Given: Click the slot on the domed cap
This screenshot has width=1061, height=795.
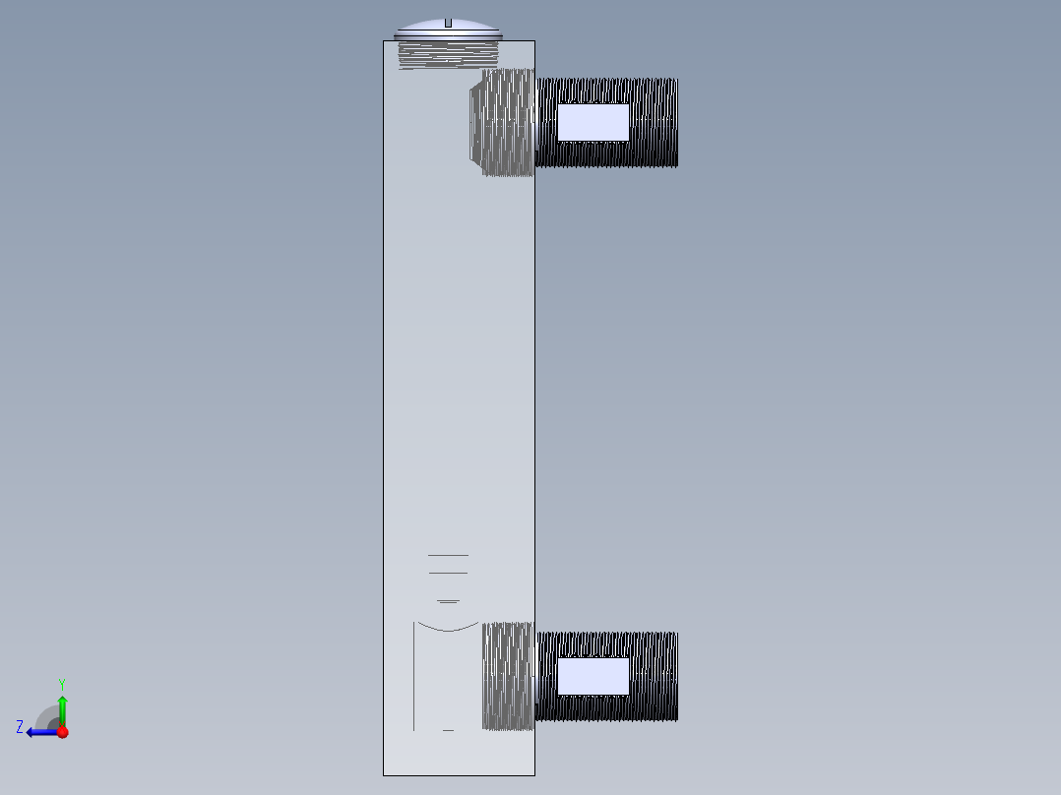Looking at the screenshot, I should point(448,22).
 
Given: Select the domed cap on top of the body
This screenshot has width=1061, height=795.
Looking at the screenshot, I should point(423,28).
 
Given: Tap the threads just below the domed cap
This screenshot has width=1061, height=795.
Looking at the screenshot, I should point(448,53).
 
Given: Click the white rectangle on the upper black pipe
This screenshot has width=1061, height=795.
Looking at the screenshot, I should point(593,122).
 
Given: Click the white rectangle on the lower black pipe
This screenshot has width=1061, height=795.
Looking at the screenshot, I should point(593,676).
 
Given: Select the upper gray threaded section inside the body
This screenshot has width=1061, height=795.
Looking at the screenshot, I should point(508,122).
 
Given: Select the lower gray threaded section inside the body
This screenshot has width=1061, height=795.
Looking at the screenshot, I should point(508,676).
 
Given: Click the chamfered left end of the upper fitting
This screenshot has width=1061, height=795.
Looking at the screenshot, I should point(475,122).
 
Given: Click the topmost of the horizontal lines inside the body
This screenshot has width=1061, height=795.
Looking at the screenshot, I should point(448,556).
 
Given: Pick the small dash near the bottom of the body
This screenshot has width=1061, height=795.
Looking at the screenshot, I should point(448,730).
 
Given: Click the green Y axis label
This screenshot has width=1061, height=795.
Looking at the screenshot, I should point(61,683).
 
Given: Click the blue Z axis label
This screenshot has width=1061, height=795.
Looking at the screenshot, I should point(20,727).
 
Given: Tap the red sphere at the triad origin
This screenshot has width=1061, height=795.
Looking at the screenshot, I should point(62,732).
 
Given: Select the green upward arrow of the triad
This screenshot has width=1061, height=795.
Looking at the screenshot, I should point(62,708).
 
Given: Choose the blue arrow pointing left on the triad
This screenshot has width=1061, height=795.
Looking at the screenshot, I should point(39,732).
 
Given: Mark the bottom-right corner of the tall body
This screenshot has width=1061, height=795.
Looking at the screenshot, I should point(534,775).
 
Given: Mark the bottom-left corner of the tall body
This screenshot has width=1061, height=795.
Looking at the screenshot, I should point(384,775).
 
